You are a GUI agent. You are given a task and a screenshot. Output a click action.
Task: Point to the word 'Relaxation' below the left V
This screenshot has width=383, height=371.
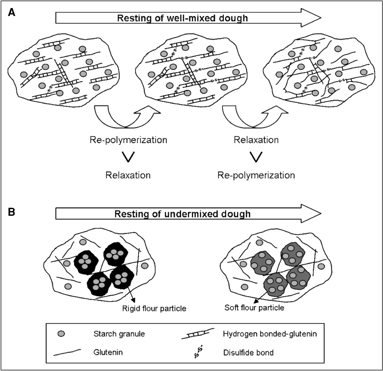click(128, 175)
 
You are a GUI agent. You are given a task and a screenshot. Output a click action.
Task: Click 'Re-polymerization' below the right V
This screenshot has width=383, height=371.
click(256, 175)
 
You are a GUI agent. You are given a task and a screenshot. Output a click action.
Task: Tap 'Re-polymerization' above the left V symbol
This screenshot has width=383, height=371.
click(128, 140)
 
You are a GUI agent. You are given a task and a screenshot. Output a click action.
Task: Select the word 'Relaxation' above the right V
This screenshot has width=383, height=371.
click(256, 140)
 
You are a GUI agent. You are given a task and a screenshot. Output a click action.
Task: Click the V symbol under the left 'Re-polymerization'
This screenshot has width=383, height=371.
click(128, 157)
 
